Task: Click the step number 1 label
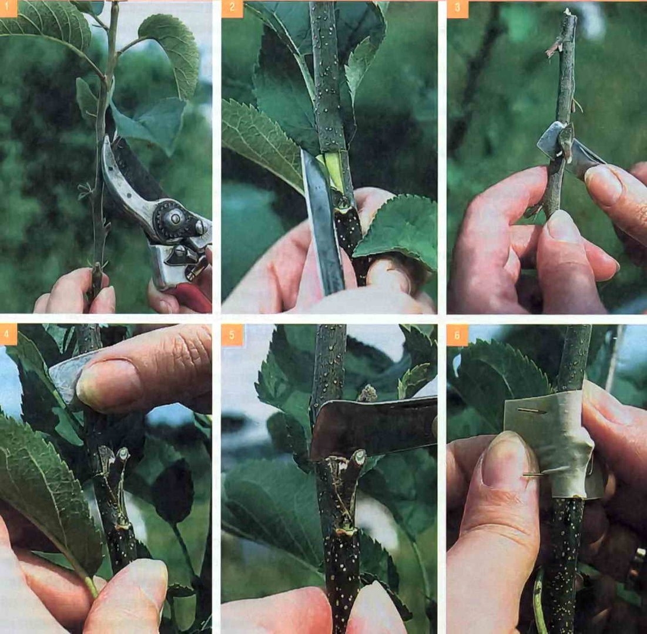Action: [x=8, y=8]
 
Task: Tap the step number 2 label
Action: [x=232, y=9]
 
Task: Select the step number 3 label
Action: [x=458, y=9]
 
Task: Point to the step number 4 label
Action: [x=8, y=334]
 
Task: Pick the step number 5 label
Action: [x=232, y=334]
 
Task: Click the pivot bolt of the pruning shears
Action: [x=175, y=217]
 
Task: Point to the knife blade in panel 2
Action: [x=322, y=222]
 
